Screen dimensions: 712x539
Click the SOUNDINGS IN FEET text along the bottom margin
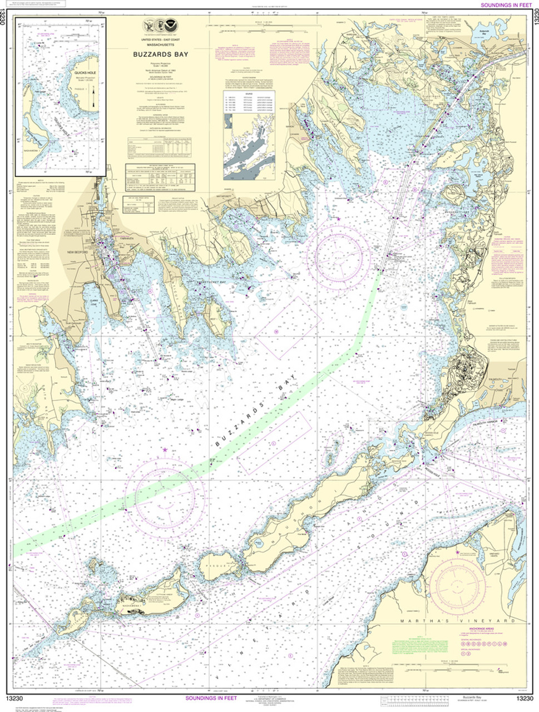pyautogui.click(x=214, y=699)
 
